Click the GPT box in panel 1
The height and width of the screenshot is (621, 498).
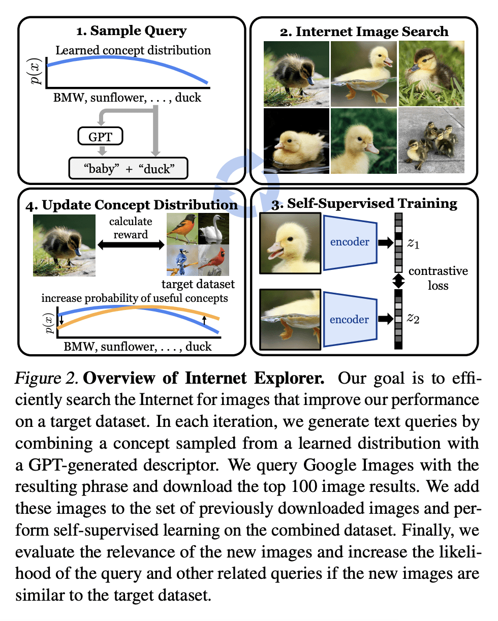pos(101,136)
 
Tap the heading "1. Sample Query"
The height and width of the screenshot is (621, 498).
pos(131,31)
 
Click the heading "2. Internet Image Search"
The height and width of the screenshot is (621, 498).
pos(364,32)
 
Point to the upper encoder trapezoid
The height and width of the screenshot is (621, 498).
pos(349,242)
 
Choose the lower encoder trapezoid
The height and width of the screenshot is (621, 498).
pos(349,320)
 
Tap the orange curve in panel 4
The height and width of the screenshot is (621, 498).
pos(137,309)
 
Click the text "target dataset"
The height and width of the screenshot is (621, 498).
pos(198,283)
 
